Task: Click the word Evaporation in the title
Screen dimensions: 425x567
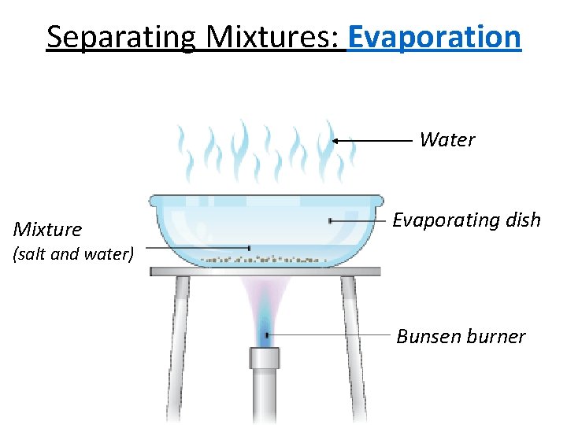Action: tap(434, 36)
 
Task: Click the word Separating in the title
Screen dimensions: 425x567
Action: tap(119, 36)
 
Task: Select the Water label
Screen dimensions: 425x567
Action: tap(447, 140)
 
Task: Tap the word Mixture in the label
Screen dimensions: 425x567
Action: tap(47, 230)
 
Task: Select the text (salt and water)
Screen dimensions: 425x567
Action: tap(72, 254)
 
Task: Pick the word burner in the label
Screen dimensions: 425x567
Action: tap(496, 337)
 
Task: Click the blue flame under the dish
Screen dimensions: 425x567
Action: tap(265, 327)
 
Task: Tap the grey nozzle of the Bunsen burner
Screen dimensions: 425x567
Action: tap(265, 358)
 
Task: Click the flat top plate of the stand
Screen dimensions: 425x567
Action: tap(265, 272)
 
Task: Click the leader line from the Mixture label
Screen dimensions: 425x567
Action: tap(197, 248)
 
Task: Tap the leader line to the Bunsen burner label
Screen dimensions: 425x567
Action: tap(331, 335)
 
